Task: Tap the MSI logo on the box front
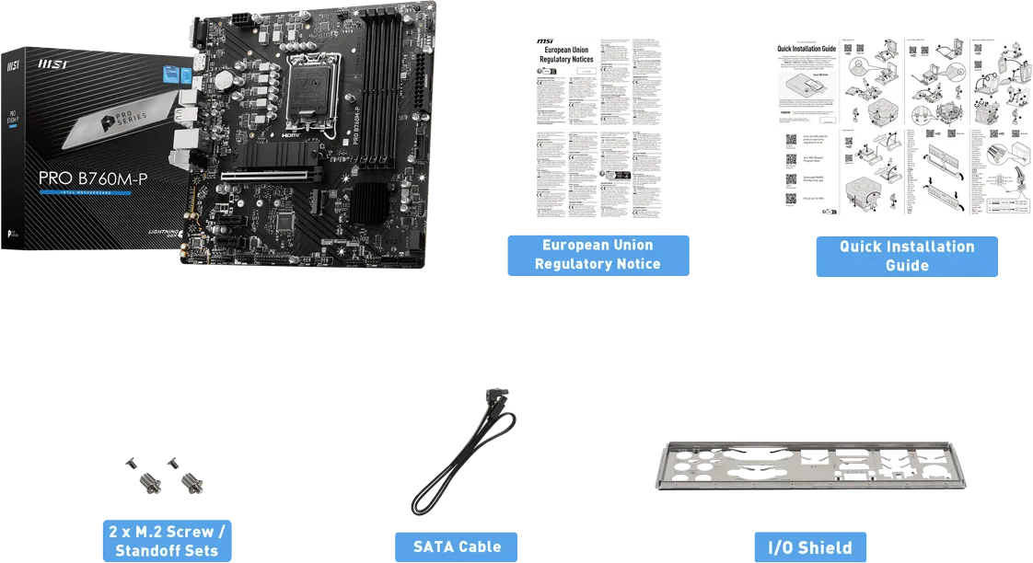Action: coord(52,66)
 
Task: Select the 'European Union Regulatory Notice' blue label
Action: coord(598,255)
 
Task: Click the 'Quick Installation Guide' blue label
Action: coord(906,256)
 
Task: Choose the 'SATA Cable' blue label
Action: coord(457,546)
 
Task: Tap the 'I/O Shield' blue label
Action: coord(810,547)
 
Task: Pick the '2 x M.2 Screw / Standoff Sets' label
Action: coord(167,542)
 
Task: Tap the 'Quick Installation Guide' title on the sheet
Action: coord(806,48)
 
